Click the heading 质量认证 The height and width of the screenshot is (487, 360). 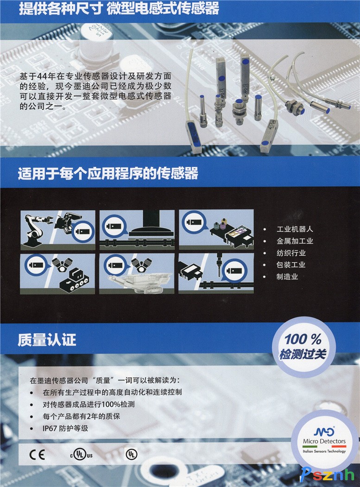point(47,340)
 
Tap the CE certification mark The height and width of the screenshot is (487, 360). point(37,455)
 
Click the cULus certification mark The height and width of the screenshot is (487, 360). point(82,455)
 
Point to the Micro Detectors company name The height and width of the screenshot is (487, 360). point(324,441)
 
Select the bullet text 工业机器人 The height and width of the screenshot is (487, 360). point(295,229)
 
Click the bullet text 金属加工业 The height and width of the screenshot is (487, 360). point(295,241)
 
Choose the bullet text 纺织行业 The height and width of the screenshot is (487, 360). point(291,253)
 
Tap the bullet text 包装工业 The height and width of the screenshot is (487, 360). point(291,265)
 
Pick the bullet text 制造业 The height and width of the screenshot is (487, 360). point(287,277)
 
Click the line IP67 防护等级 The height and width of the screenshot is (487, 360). point(65,428)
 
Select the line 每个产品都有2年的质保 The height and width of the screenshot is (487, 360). point(82,416)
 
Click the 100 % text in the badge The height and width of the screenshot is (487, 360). point(303,339)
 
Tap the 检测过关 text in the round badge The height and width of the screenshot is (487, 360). point(303,354)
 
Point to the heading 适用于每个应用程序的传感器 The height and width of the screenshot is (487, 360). point(108,173)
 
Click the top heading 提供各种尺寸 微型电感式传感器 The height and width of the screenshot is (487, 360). point(119,8)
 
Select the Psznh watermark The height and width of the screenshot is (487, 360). point(327,474)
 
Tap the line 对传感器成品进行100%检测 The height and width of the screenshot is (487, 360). point(89,405)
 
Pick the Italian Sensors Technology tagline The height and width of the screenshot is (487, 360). point(324,451)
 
